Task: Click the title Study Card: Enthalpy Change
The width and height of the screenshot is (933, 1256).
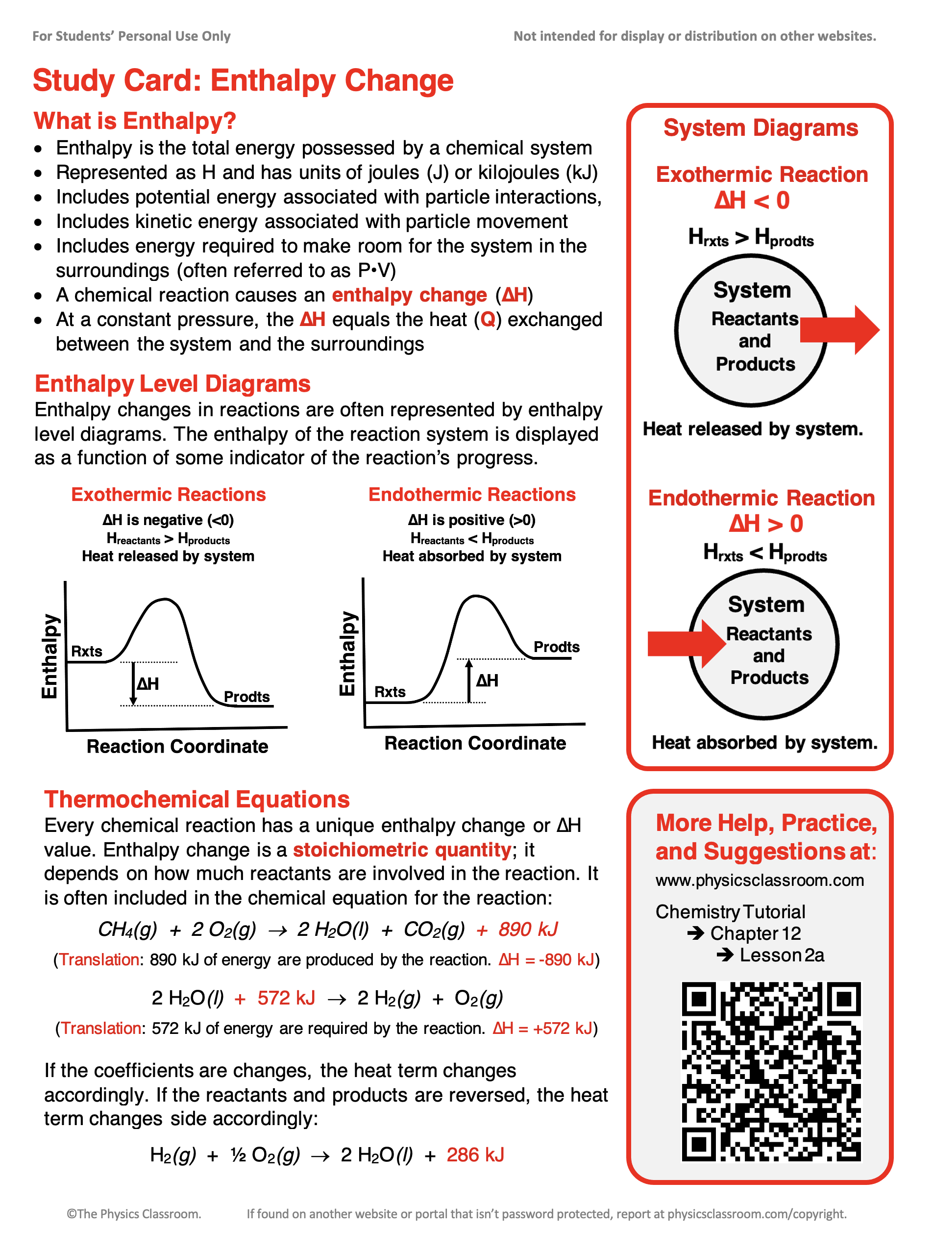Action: [x=243, y=80]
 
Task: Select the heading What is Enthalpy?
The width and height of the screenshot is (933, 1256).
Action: [x=134, y=121]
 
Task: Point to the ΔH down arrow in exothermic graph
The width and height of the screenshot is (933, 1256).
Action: [x=133, y=684]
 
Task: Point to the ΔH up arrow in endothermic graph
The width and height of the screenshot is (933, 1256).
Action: [x=469, y=681]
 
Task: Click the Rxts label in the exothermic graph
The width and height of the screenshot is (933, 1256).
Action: [x=86, y=652]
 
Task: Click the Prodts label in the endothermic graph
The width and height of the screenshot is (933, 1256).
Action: [x=556, y=647]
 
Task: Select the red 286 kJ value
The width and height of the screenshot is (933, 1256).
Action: [x=475, y=1155]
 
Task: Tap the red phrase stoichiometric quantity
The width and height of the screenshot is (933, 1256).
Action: [x=401, y=850]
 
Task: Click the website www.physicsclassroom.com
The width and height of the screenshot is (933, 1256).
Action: [x=759, y=880]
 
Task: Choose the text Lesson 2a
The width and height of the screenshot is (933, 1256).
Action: [x=782, y=955]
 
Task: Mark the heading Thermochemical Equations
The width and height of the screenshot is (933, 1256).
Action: [x=196, y=800]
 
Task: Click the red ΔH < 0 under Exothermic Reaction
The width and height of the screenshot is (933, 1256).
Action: [x=752, y=201]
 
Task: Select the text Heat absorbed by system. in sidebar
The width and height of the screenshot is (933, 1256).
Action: [x=764, y=742]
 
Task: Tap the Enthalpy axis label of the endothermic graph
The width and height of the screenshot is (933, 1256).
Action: [x=347, y=653]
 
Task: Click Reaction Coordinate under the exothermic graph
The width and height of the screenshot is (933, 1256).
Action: [x=177, y=746]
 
